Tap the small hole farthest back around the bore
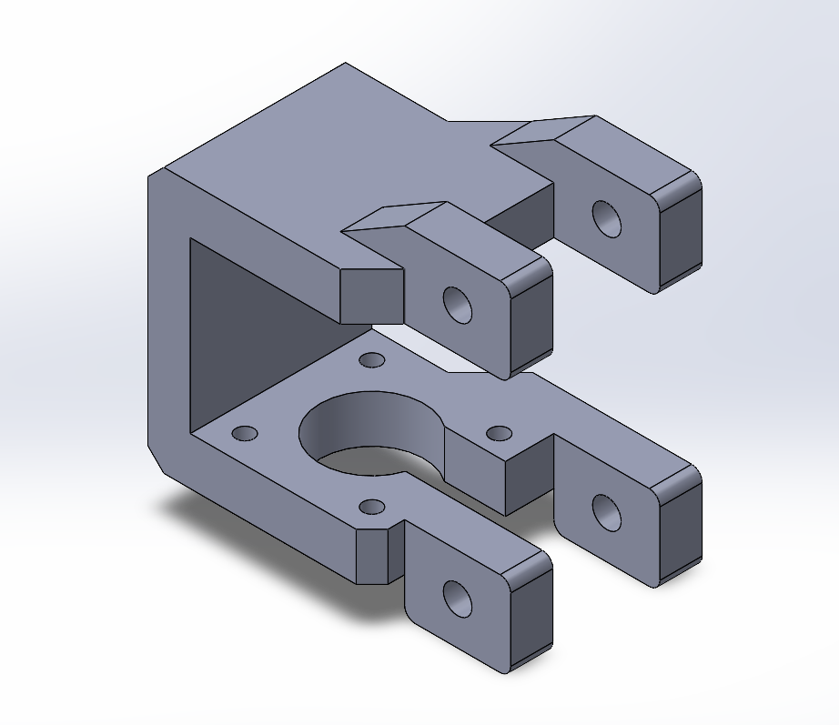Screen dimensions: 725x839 tap(370, 360)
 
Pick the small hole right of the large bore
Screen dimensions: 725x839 tap(499, 433)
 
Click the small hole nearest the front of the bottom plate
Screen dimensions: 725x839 tap(371, 506)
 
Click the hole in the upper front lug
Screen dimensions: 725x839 tap(458, 305)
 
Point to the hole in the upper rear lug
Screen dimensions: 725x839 tap(607, 218)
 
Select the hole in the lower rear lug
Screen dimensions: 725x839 tap(607, 513)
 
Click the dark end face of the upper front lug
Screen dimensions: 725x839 tap(532, 318)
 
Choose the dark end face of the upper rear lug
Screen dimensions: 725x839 tap(681, 232)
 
